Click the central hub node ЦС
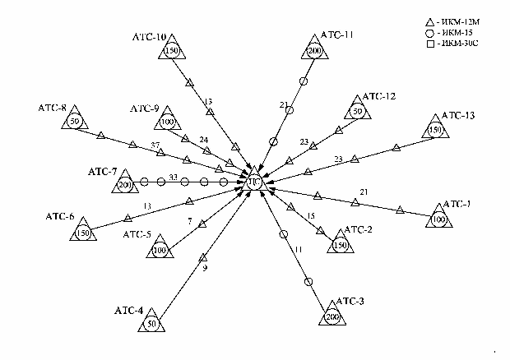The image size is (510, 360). point(254,183)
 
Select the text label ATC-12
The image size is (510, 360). point(378,97)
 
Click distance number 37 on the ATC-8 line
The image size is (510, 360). point(155,145)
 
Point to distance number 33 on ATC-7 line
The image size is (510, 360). point(173,176)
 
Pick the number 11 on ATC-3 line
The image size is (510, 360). point(299,248)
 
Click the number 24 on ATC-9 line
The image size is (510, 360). point(204,140)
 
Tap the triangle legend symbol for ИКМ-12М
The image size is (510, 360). point(429,20)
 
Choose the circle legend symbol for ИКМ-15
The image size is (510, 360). point(429,30)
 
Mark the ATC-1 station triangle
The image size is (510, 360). point(438,219)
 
